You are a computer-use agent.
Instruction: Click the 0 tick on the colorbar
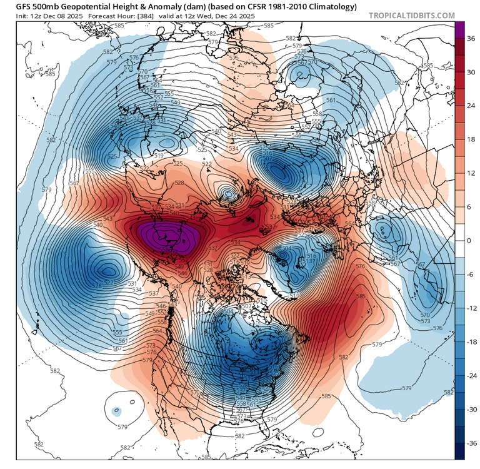coord(470,240)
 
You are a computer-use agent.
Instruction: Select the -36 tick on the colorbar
coord(473,443)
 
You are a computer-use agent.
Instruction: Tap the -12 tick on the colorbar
coord(473,308)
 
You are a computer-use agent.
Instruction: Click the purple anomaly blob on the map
coord(167,236)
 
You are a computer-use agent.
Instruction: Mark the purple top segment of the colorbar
coord(459,29)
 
